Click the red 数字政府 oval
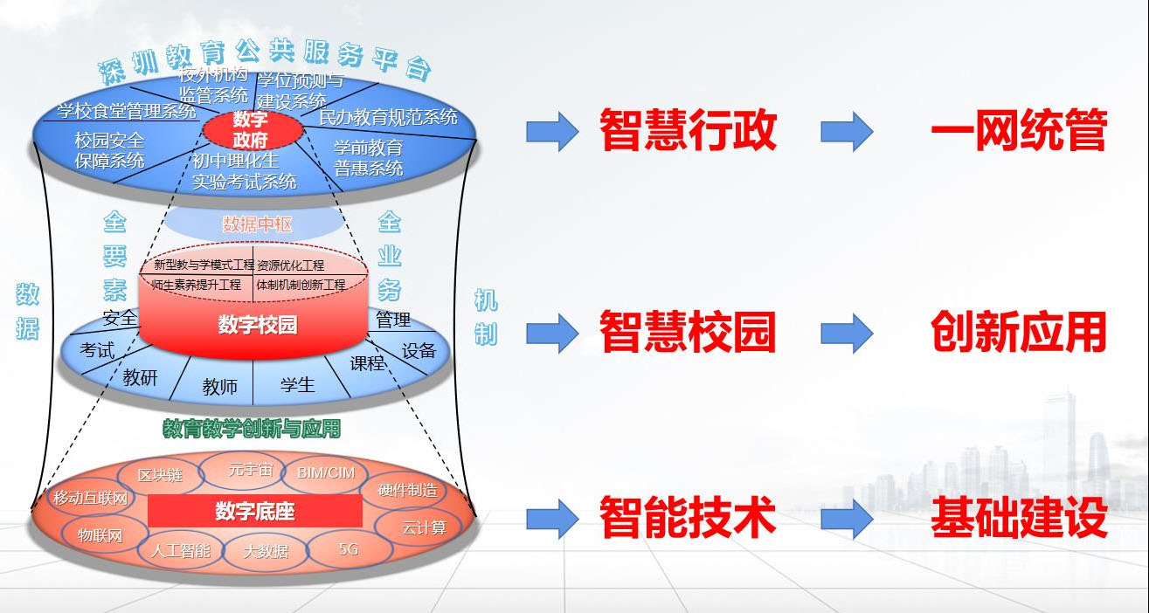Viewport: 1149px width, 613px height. tap(253, 131)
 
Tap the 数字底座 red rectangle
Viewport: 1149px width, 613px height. tap(254, 512)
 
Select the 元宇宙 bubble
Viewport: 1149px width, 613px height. tap(251, 470)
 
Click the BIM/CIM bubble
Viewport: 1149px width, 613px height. tap(326, 472)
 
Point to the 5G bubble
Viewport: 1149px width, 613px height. tap(348, 549)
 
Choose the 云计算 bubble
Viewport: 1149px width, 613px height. tap(424, 527)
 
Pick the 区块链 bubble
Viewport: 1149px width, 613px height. tap(161, 475)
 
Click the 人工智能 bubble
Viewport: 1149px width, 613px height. tap(181, 551)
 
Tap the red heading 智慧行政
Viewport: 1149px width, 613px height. tap(688, 132)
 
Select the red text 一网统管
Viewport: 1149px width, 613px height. tap(1019, 132)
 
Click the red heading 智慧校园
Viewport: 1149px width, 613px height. tap(688, 333)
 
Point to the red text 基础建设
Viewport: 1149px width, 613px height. tap(1019, 519)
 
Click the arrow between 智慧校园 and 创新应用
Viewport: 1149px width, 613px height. tap(847, 333)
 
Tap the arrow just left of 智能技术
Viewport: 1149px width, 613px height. tap(552, 519)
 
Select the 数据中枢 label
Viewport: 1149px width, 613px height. tap(257, 224)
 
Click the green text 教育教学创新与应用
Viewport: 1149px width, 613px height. tap(252, 429)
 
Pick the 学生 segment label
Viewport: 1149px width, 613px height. tap(297, 384)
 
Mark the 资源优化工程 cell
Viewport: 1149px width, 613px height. tap(291, 265)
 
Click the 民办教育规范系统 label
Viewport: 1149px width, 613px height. tap(388, 116)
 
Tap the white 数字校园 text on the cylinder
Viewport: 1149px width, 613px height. tap(257, 326)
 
